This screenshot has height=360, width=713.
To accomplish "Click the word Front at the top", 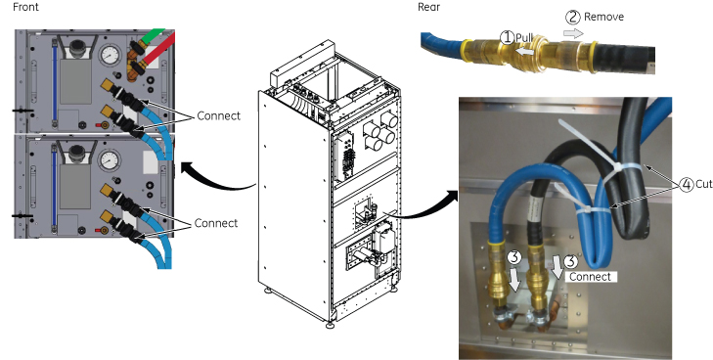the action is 26,7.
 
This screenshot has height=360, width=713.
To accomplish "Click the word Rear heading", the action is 428,7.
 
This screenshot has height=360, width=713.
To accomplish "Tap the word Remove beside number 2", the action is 603,17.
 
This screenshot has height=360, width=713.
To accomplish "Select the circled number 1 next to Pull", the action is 507,37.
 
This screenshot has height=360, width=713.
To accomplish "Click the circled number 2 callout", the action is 573,18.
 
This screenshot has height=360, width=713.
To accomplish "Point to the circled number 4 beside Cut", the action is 687,185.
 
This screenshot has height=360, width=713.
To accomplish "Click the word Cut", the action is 703,184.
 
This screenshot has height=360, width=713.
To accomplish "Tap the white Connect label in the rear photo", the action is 590,277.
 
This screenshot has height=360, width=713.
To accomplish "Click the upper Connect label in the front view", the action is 219,115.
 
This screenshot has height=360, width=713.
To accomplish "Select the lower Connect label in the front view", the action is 216,223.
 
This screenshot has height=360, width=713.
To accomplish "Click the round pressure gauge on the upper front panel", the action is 111,56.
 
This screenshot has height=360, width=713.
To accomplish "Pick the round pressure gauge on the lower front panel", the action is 110,160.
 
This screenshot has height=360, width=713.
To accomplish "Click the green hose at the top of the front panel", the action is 151,36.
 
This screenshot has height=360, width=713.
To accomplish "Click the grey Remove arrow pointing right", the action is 573,33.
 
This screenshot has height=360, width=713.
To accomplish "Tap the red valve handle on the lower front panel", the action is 98,231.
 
